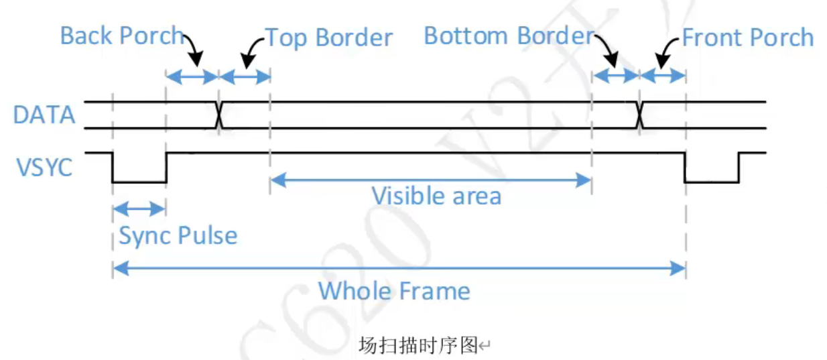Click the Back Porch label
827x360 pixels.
click(121, 36)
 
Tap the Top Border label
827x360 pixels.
click(328, 38)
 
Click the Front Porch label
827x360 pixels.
click(747, 38)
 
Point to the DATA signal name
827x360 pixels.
click(44, 115)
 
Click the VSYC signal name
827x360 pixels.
click(44, 167)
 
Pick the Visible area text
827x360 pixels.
click(436, 196)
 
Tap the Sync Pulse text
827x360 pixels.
click(178, 236)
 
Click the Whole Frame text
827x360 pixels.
click(394, 291)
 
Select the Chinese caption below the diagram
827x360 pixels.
click(418, 346)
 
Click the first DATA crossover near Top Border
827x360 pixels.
click(219, 115)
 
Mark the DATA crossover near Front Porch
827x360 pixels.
click(639, 115)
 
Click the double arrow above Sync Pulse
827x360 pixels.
click(139, 208)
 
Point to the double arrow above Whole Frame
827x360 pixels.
click(399, 269)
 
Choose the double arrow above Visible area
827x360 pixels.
click(430, 179)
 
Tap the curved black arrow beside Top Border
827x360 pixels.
click(252, 54)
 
